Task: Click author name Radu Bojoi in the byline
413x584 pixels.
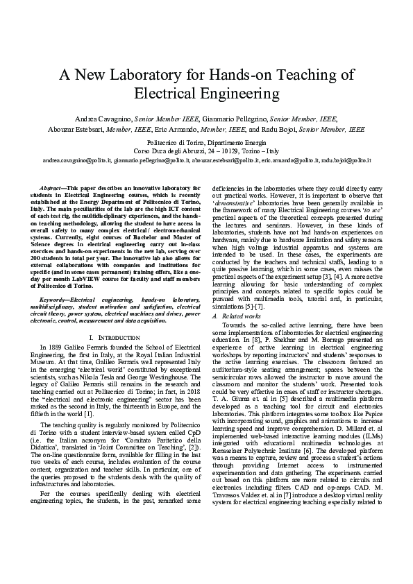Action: click(x=281, y=129)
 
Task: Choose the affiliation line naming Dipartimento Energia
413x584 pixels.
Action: click(x=206, y=141)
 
